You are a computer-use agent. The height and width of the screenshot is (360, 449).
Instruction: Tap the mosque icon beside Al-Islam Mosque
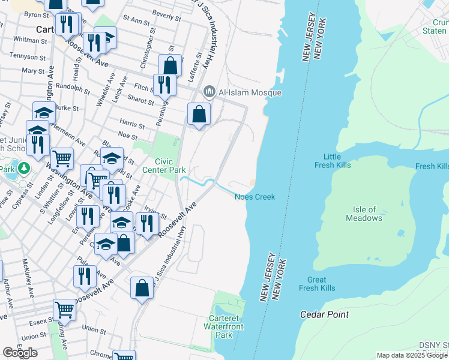pyautogui.click(x=209, y=92)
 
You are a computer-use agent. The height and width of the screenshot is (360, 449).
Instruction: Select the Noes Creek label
pyautogui.click(x=255, y=197)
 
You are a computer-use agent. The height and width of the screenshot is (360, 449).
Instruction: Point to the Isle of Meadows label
pyautogui.click(x=364, y=214)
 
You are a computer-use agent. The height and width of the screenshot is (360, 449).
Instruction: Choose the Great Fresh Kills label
pyautogui.click(x=317, y=284)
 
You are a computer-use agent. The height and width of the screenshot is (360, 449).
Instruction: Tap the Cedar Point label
pyautogui.click(x=324, y=314)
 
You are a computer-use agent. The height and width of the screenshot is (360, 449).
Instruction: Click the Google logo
pyautogui.click(x=20, y=353)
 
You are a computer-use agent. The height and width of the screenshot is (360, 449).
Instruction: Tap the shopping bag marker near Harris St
pyautogui.click(x=199, y=113)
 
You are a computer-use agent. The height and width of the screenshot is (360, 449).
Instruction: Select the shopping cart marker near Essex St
pyautogui.click(x=64, y=310)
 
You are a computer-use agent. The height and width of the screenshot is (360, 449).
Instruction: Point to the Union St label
pyautogui.click(x=94, y=329)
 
